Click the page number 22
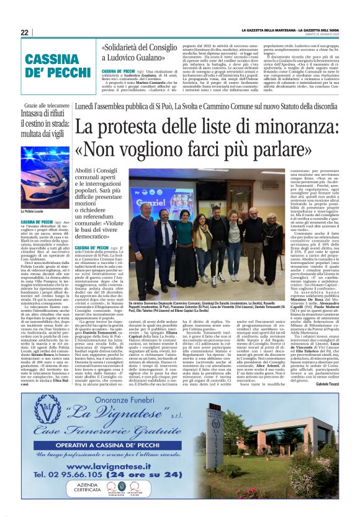tap(25, 33)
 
